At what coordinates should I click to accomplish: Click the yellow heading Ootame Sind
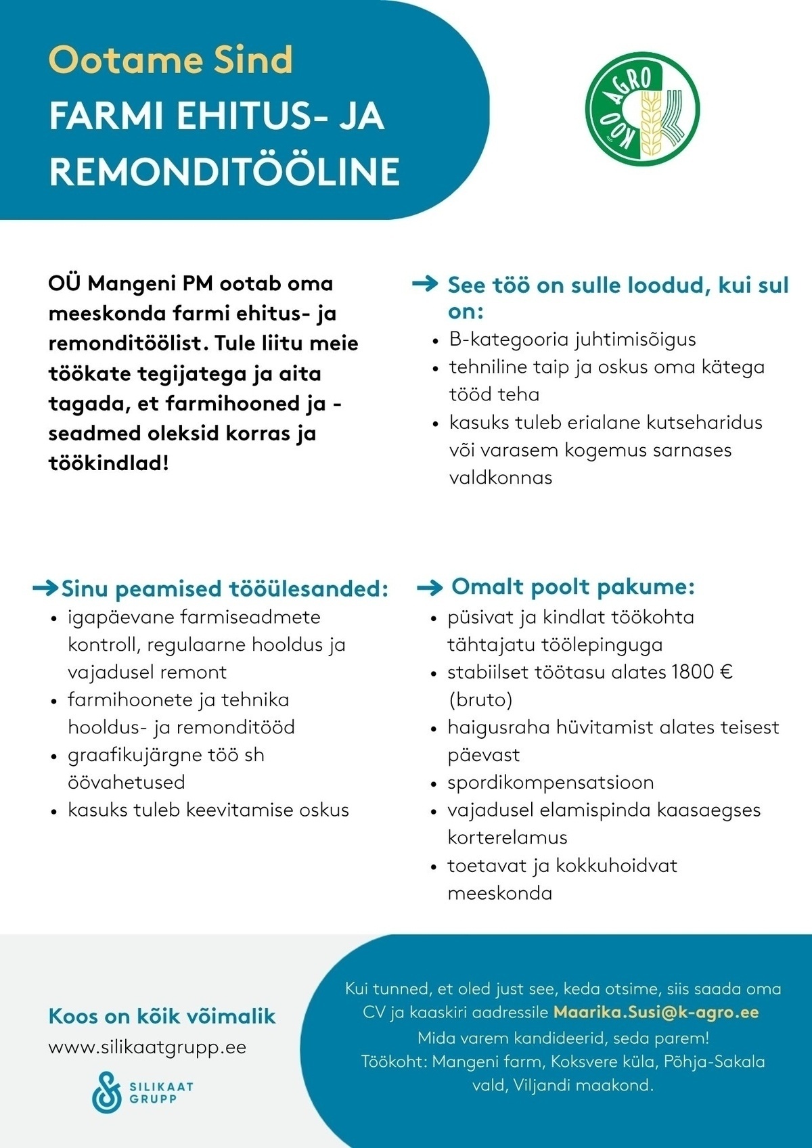(x=171, y=60)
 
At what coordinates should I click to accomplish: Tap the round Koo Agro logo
(x=642, y=110)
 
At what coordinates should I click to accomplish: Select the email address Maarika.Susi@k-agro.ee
(x=656, y=1012)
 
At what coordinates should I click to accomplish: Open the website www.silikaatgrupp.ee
(x=148, y=1047)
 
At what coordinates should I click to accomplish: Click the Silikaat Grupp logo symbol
(x=107, y=1091)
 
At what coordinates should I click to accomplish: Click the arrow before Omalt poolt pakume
(x=430, y=587)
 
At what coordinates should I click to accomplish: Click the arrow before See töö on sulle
(x=426, y=284)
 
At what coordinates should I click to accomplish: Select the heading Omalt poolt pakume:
(x=572, y=587)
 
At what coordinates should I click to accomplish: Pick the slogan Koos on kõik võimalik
(x=162, y=1015)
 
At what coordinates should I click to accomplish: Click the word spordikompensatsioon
(x=550, y=783)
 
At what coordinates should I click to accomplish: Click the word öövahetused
(x=126, y=782)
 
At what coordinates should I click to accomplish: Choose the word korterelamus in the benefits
(x=507, y=837)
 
